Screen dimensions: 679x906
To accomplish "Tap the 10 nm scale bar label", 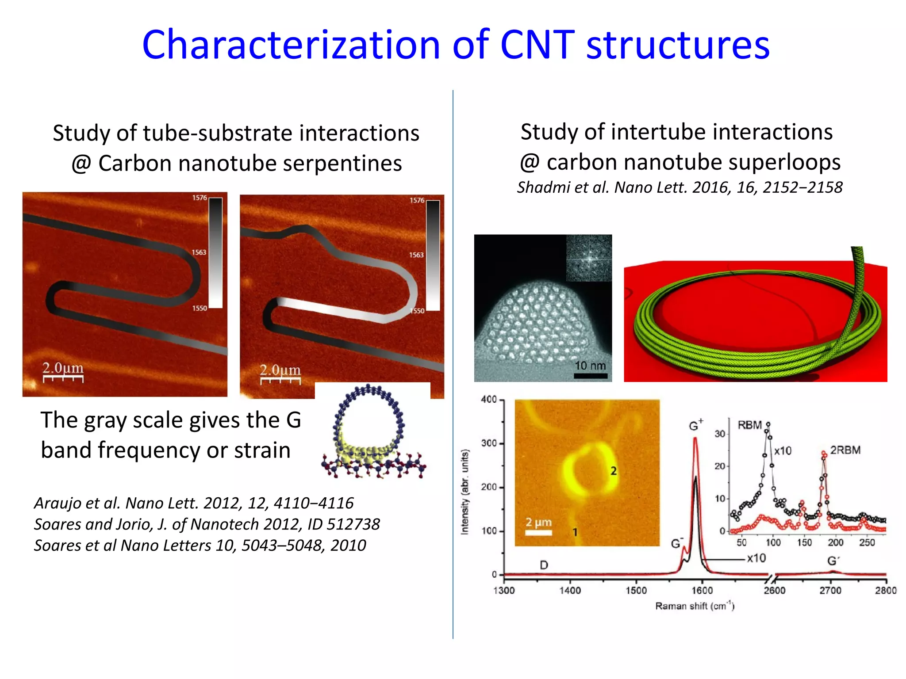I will (590, 366).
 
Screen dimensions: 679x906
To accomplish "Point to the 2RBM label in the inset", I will (845, 450).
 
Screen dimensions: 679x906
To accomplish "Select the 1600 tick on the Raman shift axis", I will (702, 590).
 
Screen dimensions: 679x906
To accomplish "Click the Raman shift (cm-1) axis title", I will (695, 606).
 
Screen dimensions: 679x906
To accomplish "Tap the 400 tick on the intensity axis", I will (489, 399).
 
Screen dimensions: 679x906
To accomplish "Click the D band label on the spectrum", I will (544, 565).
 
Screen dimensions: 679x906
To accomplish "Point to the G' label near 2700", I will (833, 561).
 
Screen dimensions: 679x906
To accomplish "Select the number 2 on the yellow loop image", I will (614, 471).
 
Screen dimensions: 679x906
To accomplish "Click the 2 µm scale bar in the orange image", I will (538, 533).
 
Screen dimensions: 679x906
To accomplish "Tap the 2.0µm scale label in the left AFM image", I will (63, 368).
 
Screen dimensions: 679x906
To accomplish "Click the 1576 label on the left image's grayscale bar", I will (199, 198).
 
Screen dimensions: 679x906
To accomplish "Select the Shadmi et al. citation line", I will (679, 187).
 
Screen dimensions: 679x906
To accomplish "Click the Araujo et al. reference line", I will (194, 503).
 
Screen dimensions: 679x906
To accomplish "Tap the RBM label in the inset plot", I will (749, 425).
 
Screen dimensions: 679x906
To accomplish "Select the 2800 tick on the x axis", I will (885, 590).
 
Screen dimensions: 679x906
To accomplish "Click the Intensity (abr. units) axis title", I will (465, 492).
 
